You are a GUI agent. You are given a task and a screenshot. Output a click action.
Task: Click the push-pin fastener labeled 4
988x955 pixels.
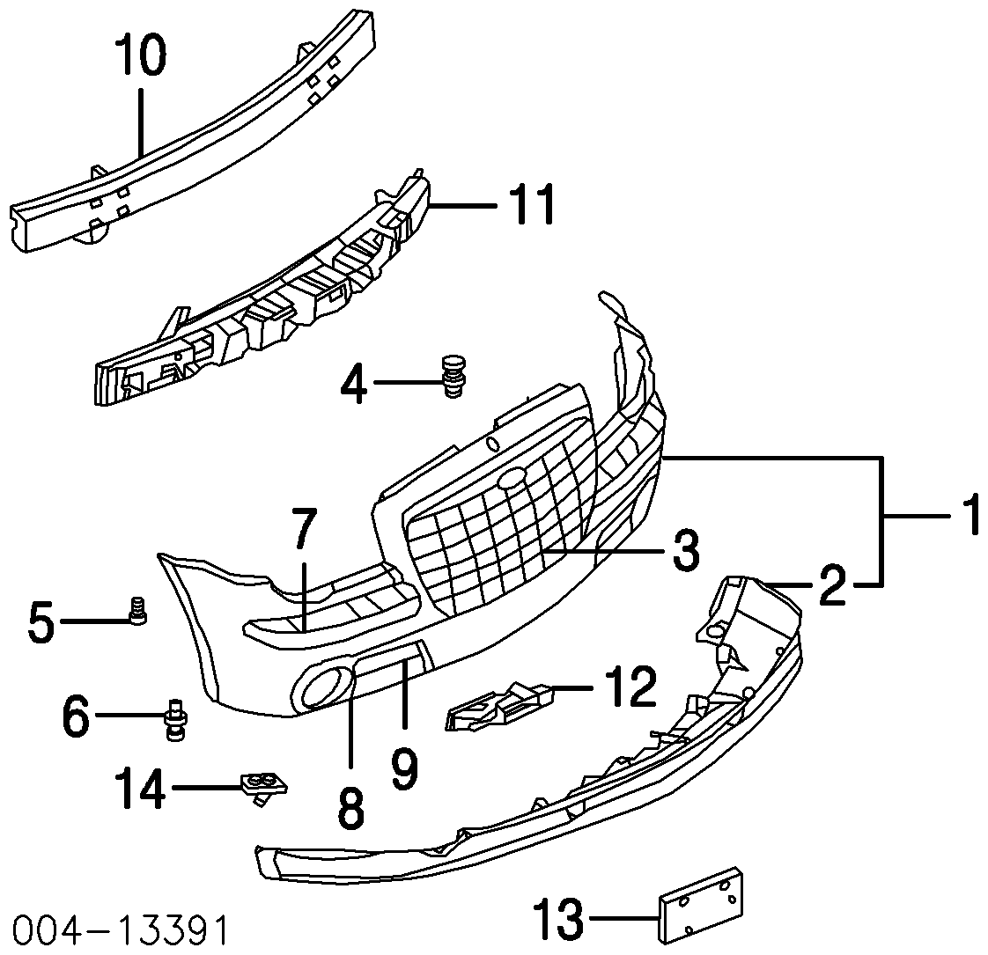[454, 376]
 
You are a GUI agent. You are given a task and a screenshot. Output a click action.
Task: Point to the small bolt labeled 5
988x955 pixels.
[136, 610]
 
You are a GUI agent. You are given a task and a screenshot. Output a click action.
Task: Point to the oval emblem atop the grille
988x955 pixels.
[511, 479]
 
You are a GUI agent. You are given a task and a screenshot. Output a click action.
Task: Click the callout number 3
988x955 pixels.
[680, 551]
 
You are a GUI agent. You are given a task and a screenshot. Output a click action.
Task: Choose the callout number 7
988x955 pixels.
[303, 532]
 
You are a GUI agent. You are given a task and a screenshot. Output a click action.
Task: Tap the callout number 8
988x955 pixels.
[350, 806]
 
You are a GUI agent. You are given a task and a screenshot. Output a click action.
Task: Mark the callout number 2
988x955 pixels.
[831, 585]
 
